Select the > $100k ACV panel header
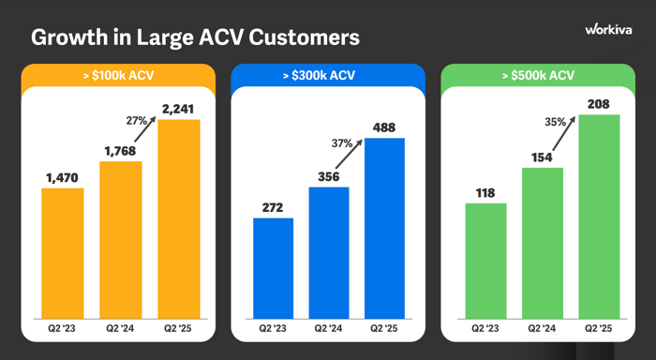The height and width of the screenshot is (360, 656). (x=118, y=74)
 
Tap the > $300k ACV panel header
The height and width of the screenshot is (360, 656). (x=328, y=74)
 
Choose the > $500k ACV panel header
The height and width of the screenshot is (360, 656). (x=538, y=74)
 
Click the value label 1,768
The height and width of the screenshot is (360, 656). (x=120, y=150)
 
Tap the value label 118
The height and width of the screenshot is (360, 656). (x=485, y=192)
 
